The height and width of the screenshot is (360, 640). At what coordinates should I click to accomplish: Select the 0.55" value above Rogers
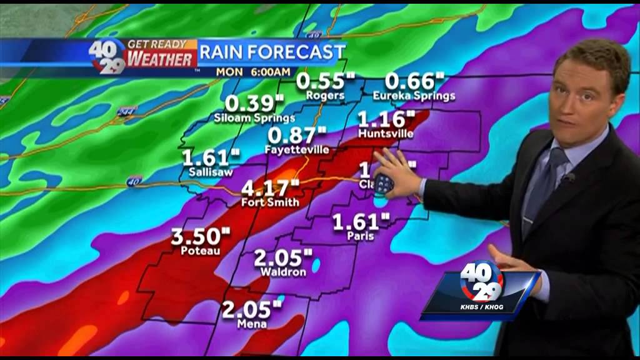coord(325,81)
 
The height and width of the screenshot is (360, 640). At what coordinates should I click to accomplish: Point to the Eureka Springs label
coord(414,96)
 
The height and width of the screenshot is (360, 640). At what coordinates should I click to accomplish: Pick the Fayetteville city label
coord(296,149)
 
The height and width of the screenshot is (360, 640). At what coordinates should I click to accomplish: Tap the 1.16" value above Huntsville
coord(386,119)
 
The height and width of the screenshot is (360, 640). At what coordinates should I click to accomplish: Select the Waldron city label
coord(283,272)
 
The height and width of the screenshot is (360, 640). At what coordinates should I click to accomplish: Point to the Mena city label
coord(252,324)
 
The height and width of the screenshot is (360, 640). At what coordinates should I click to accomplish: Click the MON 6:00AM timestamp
coord(249,71)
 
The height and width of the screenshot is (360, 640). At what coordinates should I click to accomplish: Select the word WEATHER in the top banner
coord(161,59)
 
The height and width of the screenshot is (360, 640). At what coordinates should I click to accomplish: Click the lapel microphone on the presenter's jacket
coord(568,179)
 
